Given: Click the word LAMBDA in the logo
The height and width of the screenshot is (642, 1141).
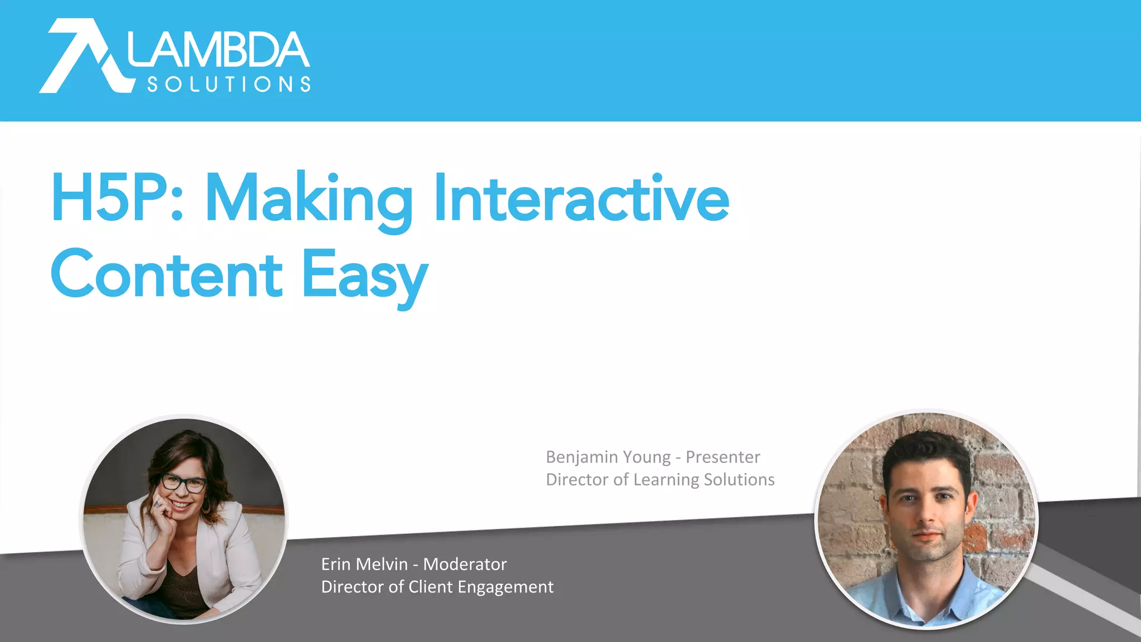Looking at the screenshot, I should click(x=218, y=50).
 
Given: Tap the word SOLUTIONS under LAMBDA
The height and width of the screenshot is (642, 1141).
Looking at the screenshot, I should click(x=228, y=84).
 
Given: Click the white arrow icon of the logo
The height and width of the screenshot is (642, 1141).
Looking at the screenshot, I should click(x=84, y=56).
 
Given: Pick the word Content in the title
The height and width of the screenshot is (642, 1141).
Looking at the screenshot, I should click(x=167, y=275).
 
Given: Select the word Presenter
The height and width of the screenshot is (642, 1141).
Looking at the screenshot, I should click(x=723, y=457).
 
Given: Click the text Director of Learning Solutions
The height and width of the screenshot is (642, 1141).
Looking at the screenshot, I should click(x=660, y=480).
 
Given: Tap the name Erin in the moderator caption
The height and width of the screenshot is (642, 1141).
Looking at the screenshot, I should click(x=336, y=565).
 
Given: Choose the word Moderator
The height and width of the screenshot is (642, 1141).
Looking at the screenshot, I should click(x=465, y=565).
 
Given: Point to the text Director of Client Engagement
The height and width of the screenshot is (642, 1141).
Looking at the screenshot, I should click(x=437, y=587).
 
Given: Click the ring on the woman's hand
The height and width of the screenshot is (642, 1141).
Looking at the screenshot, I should click(x=157, y=503).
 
